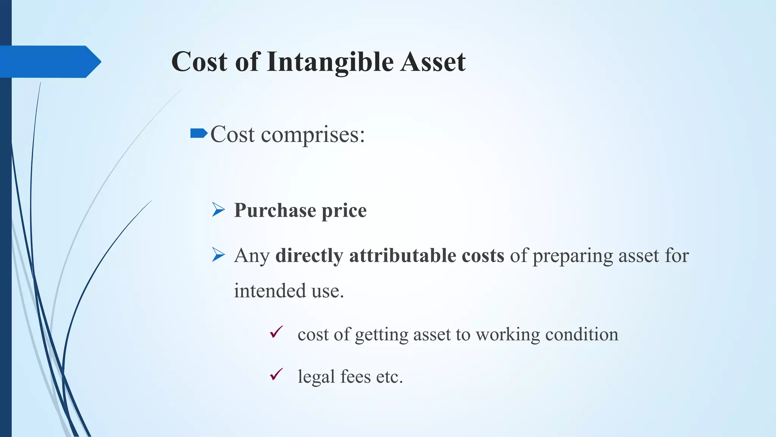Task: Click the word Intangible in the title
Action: point(330,62)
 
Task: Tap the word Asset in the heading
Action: point(433,62)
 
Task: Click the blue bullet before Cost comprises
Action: point(199,133)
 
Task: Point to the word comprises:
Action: point(313,135)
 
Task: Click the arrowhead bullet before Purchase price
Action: point(218,209)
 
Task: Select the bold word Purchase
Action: point(275,210)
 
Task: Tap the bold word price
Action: point(344,211)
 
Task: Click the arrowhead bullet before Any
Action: point(218,255)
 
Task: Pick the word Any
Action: point(252,256)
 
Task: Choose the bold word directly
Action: point(309,256)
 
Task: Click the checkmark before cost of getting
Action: point(276,332)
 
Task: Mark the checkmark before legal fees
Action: point(276,374)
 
